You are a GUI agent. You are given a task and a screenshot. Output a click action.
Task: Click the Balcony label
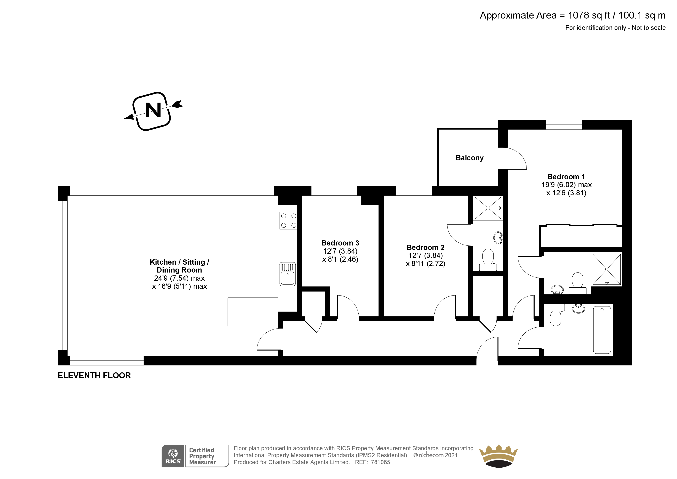tap(469, 158)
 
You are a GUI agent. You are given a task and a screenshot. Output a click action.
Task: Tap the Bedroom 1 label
tap(566, 177)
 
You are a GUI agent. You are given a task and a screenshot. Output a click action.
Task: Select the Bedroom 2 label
tap(425, 247)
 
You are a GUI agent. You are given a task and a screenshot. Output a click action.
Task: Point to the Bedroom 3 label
tap(340, 243)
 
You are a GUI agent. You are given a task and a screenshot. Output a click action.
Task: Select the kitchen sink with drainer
tap(288, 274)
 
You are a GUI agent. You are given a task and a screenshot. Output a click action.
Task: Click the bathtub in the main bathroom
tap(602, 330)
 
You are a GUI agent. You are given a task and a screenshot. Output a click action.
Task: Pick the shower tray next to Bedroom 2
tap(488, 208)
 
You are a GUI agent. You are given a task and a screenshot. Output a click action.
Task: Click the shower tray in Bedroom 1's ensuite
tap(607, 269)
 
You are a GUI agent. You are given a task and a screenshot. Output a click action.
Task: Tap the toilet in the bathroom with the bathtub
tap(556, 317)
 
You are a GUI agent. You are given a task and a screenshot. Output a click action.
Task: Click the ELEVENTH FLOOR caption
tap(94, 375)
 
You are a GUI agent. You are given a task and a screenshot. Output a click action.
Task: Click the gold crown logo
tap(498, 456)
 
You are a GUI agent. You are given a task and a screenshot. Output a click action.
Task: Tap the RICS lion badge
tap(173, 456)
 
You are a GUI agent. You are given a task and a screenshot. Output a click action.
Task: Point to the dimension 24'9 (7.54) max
tap(179, 278)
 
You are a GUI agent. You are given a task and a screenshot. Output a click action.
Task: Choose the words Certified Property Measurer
tap(202, 456)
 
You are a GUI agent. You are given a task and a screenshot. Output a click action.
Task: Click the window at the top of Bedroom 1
tap(564, 125)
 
